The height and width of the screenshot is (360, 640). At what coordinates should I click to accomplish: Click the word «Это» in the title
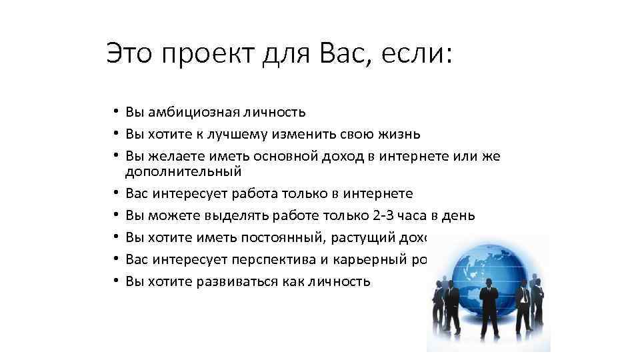coord(129,53)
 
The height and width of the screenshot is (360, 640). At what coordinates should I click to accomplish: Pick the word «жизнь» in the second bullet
coord(399,134)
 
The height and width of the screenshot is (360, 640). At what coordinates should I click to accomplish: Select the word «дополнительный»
coord(183,172)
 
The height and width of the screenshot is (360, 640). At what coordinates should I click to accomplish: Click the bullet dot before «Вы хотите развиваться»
coord(115,281)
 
